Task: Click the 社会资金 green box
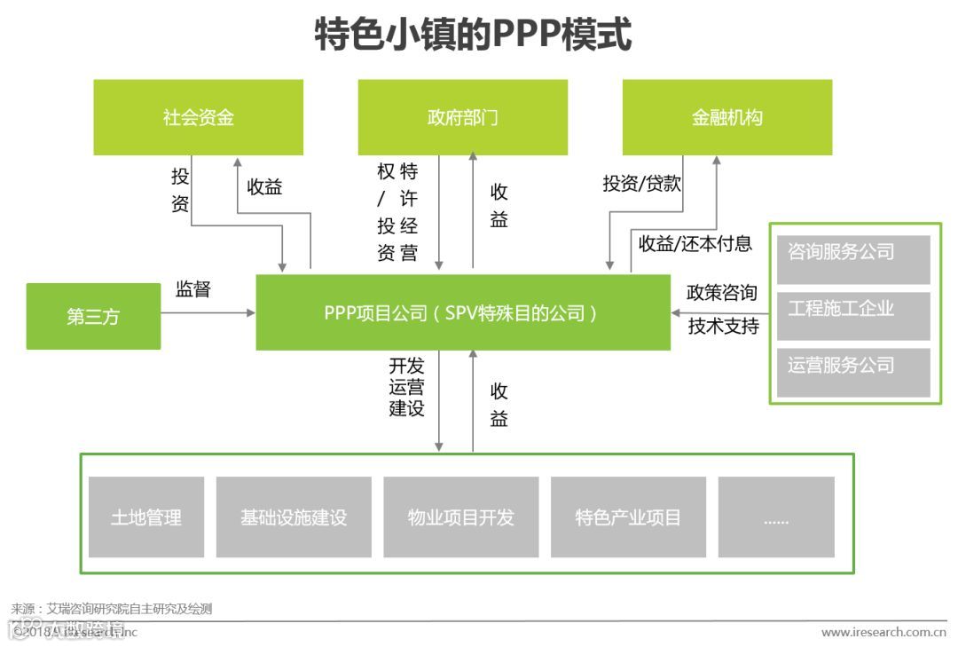[199, 117]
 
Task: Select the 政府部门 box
[462, 117]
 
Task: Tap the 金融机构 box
[726, 117]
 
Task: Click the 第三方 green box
[93, 316]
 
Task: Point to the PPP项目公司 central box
[462, 312]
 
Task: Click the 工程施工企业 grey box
[852, 312]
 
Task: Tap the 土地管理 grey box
[146, 517]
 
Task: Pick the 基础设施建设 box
[294, 517]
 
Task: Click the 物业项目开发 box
[460, 517]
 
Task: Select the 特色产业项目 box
[628, 517]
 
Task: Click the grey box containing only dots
[776, 517]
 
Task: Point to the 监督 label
[193, 289]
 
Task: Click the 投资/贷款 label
[642, 184]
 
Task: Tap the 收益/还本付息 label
[695, 243]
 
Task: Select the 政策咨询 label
[722, 293]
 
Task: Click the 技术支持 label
[723, 326]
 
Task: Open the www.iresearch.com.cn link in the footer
[883, 632]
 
